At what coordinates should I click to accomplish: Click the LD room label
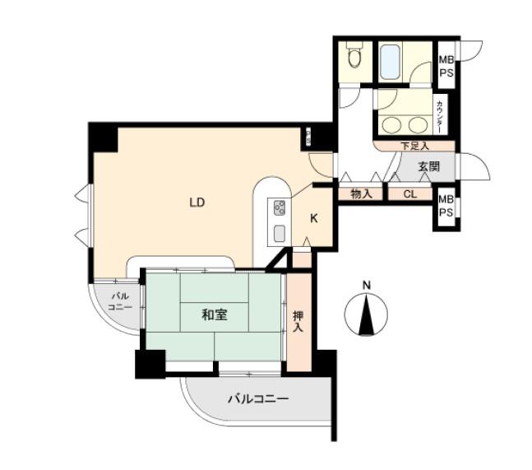point(197,202)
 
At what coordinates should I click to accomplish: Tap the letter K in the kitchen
point(314,218)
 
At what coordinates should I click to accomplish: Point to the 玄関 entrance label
point(428,167)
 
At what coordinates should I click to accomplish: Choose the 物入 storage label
point(361,195)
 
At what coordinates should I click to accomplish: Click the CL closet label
point(409,195)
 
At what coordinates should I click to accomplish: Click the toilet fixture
point(354,58)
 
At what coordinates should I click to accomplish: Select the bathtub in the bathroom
point(390,60)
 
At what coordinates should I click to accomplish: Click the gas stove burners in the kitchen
point(278,207)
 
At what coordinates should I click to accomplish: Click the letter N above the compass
point(367,286)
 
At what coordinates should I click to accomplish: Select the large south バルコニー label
point(257,400)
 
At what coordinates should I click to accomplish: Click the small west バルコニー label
point(120,301)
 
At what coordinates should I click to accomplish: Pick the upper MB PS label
point(446,65)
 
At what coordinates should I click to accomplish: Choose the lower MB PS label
point(446,206)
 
